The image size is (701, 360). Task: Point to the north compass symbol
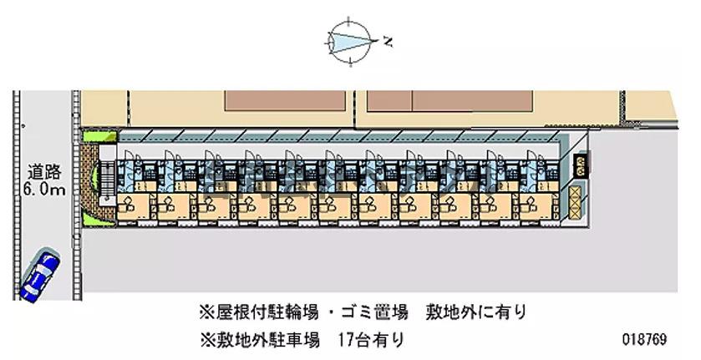click(x=349, y=39)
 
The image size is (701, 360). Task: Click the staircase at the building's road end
click(x=106, y=180)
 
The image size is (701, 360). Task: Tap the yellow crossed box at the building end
click(x=578, y=198)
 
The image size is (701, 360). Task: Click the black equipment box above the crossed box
click(x=579, y=163)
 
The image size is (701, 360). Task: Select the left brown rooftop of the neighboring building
click(x=286, y=99)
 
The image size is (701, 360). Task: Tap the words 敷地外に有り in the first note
click(x=475, y=312)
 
